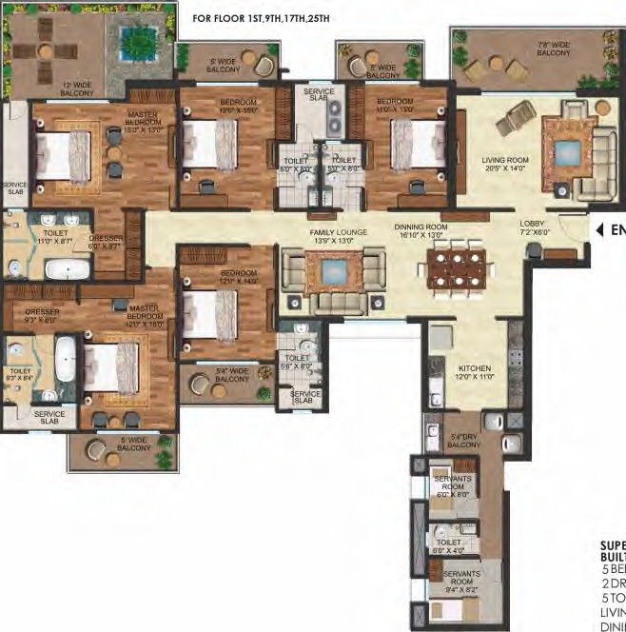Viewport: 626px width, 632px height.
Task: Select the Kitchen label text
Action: [474, 371]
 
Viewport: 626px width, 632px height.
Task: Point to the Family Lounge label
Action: [332, 236]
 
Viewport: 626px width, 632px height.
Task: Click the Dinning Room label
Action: [420, 232]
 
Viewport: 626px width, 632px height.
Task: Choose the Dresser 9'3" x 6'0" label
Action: [44, 316]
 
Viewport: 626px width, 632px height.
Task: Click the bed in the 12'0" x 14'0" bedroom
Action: [209, 309]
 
